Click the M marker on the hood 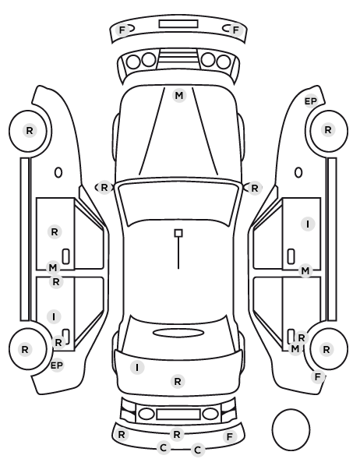[179, 96]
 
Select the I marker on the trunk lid [137, 368]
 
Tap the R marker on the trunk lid [178, 381]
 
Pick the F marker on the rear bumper [230, 436]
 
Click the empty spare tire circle [291, 429]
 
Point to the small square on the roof [178, 233]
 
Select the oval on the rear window [178, 333]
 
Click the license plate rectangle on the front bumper [178, 24]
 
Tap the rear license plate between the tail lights [178, 414]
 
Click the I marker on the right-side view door [308, 224]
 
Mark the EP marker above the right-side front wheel [311, 101]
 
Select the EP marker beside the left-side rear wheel [57, 365]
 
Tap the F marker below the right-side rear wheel [317, 377]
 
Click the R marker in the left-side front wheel [30, 130]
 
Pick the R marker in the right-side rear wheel [326, 349]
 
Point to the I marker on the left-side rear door [54, 317]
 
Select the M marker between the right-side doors [305, 270]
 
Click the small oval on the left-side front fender [58, 172]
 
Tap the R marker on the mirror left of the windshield [104, 188]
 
